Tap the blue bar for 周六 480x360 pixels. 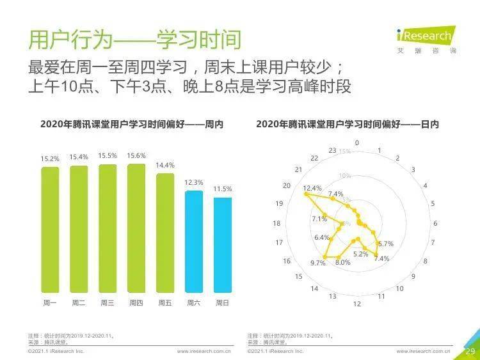click(193, 240)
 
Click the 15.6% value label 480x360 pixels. click(136, 155)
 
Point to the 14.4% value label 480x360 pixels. click(165, 165)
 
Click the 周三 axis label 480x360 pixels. click(108, 302)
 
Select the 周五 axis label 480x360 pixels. click(165, 302)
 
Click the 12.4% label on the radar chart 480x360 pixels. click(312, 188)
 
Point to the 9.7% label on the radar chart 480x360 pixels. click(318, 263)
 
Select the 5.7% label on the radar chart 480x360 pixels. click(385, 244)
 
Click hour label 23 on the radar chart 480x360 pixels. click(332, 150)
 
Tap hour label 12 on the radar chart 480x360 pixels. click(357, 303)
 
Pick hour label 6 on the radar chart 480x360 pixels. click(435, 223)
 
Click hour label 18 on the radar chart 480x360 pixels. click(277, 223)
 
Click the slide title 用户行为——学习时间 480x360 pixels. click(135, 40)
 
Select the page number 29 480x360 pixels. click(470, 351)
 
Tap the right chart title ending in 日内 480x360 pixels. click(348, 124)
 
